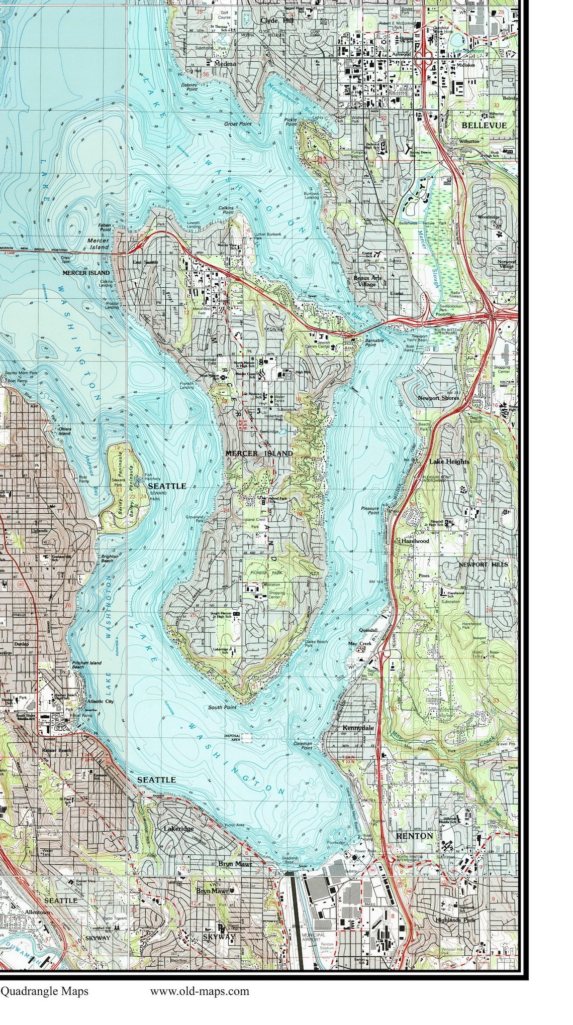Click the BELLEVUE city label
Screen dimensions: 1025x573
(484, 125)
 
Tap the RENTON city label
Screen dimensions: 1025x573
(414, 836)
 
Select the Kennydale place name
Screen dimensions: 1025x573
(358, 728)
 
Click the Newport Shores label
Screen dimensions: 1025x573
(438, 398)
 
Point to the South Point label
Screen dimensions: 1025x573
(222, 707)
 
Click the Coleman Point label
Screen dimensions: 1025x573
(303, 745)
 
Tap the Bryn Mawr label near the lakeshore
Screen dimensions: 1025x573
(234, 864)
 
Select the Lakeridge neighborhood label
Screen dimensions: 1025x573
(178, 829)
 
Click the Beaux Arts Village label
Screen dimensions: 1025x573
(367, 281)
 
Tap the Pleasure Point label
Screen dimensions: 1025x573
(370, 511)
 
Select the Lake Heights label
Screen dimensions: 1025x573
(449, 461)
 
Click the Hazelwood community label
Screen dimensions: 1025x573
(415, 541)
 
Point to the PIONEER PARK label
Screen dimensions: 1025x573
(264, 573)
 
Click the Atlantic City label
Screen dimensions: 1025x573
(101, 701)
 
